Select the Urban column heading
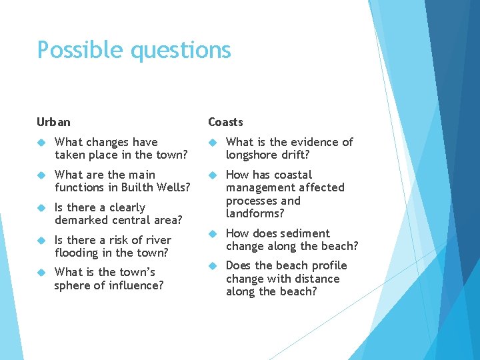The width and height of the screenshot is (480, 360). pyautogui.click(x=53, y=122)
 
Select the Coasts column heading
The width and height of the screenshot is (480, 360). pyautogui.click(x=225, y=122)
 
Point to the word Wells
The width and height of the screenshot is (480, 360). pyautogui.click(x=173, y=187)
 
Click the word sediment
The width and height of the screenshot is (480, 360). pyautogui.click(x=305, y=233)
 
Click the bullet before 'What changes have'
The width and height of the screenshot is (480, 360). pyautogui.click(x=41, y=143)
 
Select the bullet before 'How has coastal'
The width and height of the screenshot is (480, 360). pyautogui.click(x=212, y=175)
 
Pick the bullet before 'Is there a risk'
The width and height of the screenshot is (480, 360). pyautogui.click(x=41, y=241)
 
